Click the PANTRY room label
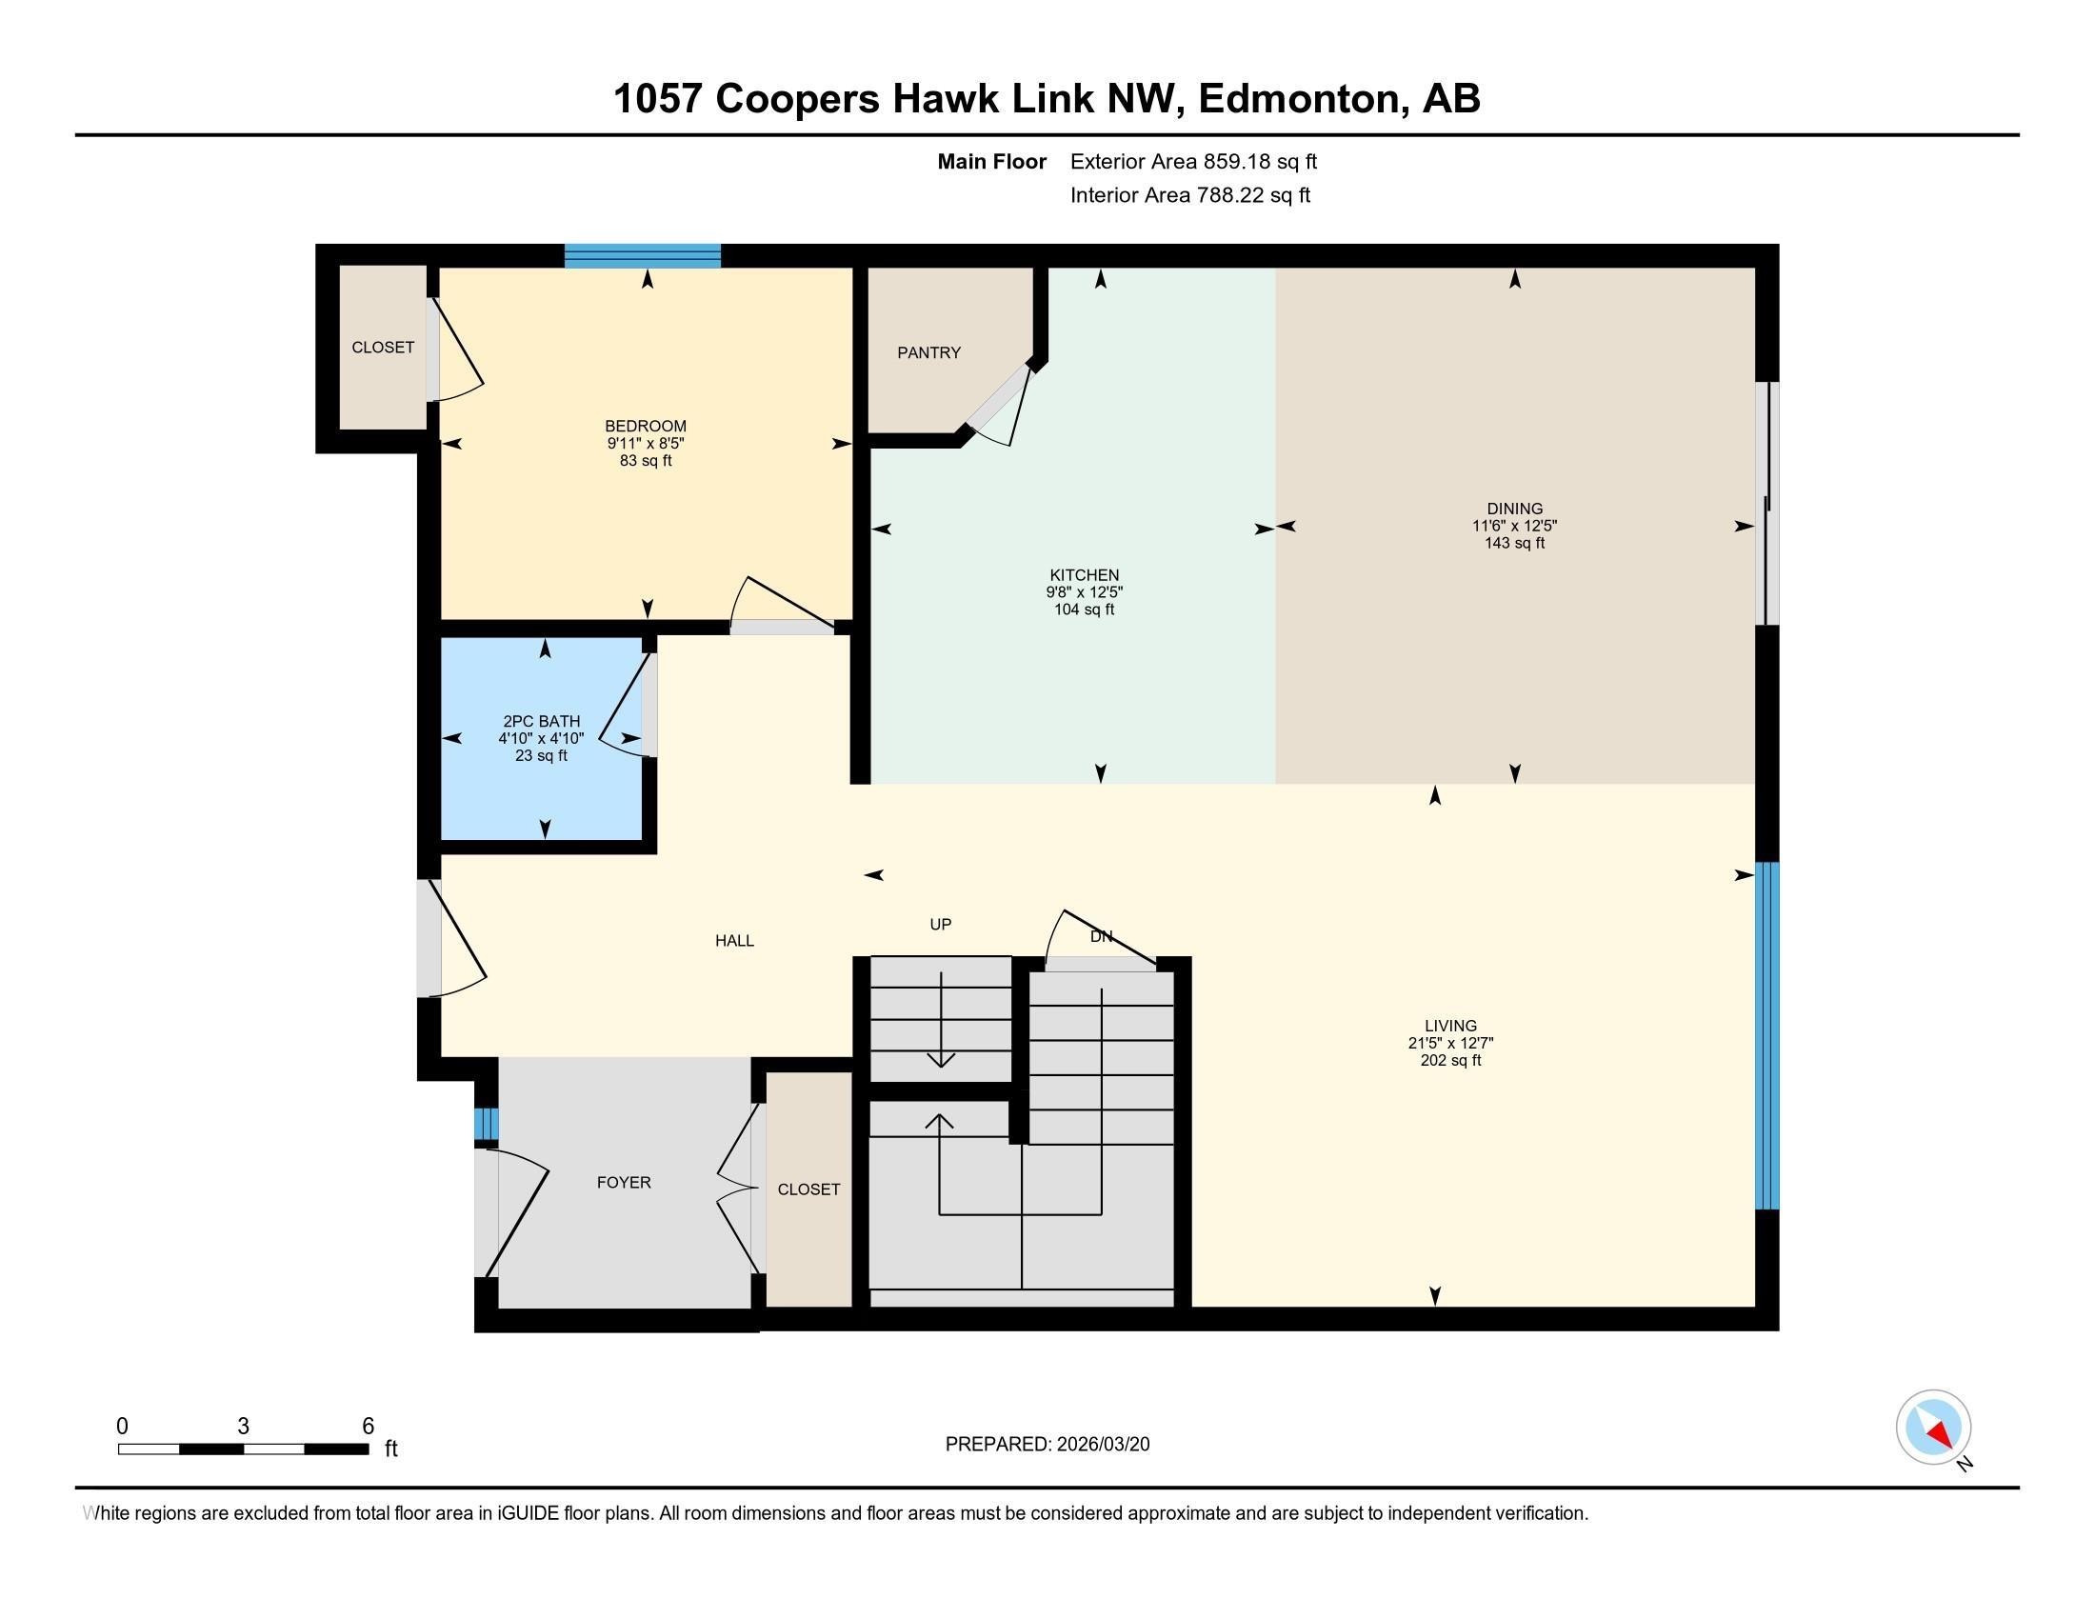coord(928,353)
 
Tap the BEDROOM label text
coord(645,426)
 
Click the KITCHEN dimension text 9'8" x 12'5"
coord(1084,592)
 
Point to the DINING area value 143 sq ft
coord(1515,543)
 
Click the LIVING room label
coord(1450,1026)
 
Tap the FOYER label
coord(624,1183)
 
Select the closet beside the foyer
coord(808,1189)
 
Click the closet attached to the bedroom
coord(383,348)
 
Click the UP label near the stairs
coord(940,925)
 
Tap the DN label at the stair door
coord(1100,936)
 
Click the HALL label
coord(734,941)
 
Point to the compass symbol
coord(1933,1427)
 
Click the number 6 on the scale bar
coord(368,1427)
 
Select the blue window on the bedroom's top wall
coord(642,255)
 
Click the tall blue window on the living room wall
coord(1766,1036)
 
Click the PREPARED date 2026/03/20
coord(1101,1444)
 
